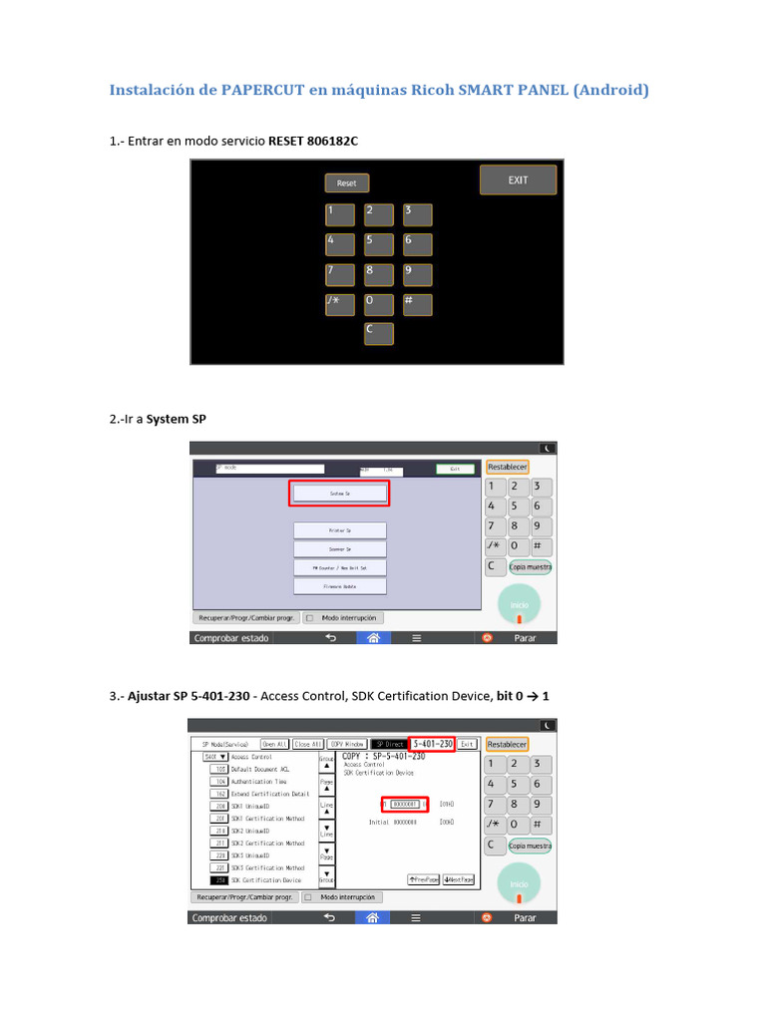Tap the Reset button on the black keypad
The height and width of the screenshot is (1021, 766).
[x=346, y=183]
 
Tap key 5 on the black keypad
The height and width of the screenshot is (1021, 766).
[x=378, y=244]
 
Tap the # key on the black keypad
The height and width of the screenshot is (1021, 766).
[x=417, y=304]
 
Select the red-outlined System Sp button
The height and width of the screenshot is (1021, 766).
[x=339, y=494]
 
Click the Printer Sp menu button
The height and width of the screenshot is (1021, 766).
[x=339, y=530]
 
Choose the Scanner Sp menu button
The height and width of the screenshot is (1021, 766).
[x=339, y=548]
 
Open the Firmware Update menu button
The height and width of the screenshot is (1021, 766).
[x=339, y=587]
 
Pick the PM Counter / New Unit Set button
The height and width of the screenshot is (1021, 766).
[x=339, y=567]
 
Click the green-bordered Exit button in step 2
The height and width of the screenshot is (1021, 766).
[x=455, y=468]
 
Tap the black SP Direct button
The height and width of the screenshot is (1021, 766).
[x=388, y=744]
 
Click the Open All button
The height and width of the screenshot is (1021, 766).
[x=275, y=744]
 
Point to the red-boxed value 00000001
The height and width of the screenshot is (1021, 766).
[x=405, y=804]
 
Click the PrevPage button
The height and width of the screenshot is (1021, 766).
[x=424, y=879]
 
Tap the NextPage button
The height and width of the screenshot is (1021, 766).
[x=461, y=879]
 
